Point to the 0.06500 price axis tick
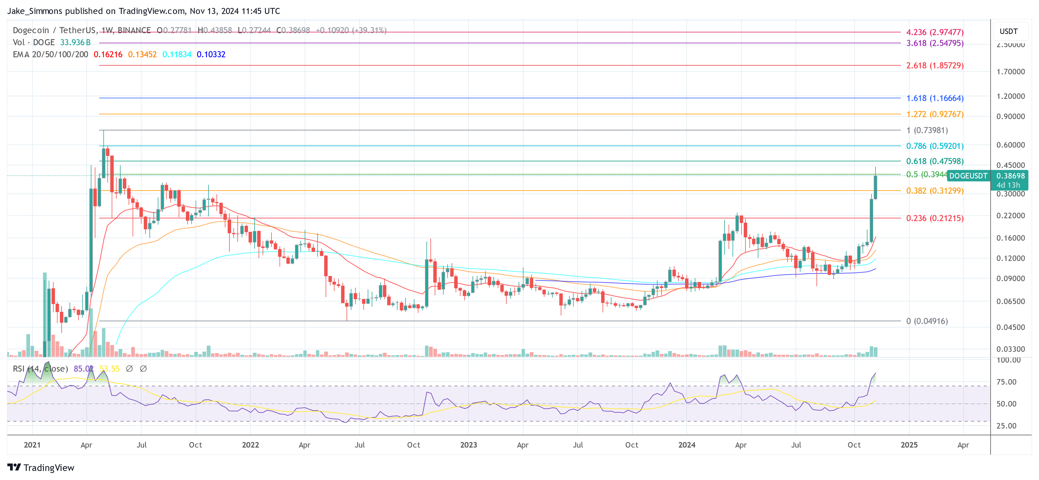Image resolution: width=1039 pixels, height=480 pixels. point(1010,301)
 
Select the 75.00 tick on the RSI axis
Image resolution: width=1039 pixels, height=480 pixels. point(1006,382)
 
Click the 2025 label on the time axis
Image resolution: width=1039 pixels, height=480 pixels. point(909,445)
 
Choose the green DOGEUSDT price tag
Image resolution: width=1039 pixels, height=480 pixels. point(968,176)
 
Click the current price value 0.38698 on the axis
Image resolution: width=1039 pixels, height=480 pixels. point(1010,176)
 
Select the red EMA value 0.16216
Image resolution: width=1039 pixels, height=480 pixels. point(108,54)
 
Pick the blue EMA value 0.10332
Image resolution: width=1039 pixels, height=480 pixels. point(211,54)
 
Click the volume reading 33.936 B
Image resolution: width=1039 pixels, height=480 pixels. point(75,42)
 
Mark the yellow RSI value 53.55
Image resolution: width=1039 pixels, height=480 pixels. point(110,369)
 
